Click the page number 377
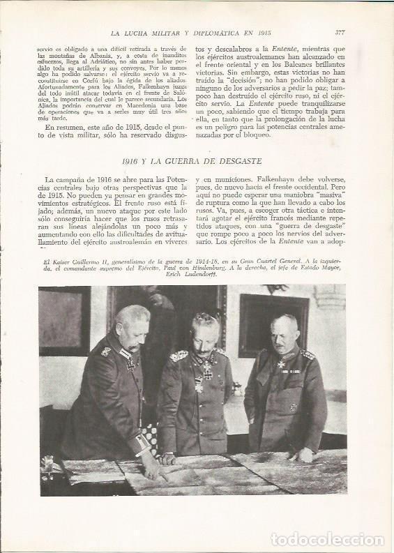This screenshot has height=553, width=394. point(340,32)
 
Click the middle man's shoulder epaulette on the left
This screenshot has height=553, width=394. point(179,356)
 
